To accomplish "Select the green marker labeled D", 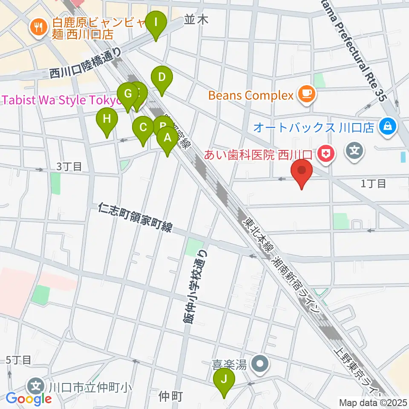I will point(161,78).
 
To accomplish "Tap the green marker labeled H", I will point(107,119).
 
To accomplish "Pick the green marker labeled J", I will point(224,379).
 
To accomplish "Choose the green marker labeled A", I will point(167,138).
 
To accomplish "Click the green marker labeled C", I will point(143,127).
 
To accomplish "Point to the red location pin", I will point(302,171).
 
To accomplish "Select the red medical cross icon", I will point(327,153).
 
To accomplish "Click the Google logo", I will point(29,398).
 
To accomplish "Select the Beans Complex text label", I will point(252,95).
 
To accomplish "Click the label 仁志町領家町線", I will point(134,218).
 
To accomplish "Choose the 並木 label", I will point(196,20).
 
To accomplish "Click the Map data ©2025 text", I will point(372,402).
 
